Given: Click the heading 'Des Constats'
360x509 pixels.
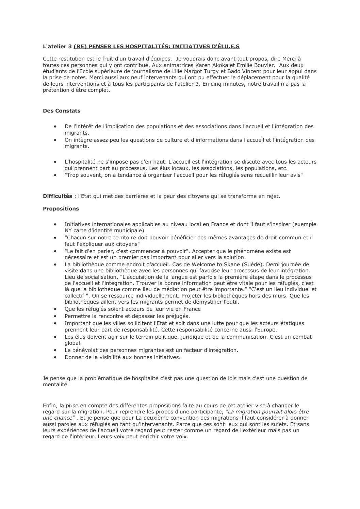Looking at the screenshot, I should tap(62, 111).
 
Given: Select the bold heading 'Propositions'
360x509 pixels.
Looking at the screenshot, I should tap(61, 209).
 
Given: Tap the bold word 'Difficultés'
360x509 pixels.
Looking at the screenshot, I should tap(58, 196).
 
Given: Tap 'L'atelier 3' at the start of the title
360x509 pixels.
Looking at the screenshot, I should tap(57, 46).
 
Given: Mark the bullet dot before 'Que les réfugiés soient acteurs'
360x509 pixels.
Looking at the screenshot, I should tap(55, 309).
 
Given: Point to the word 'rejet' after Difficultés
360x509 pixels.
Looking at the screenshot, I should tap(273, 196).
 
